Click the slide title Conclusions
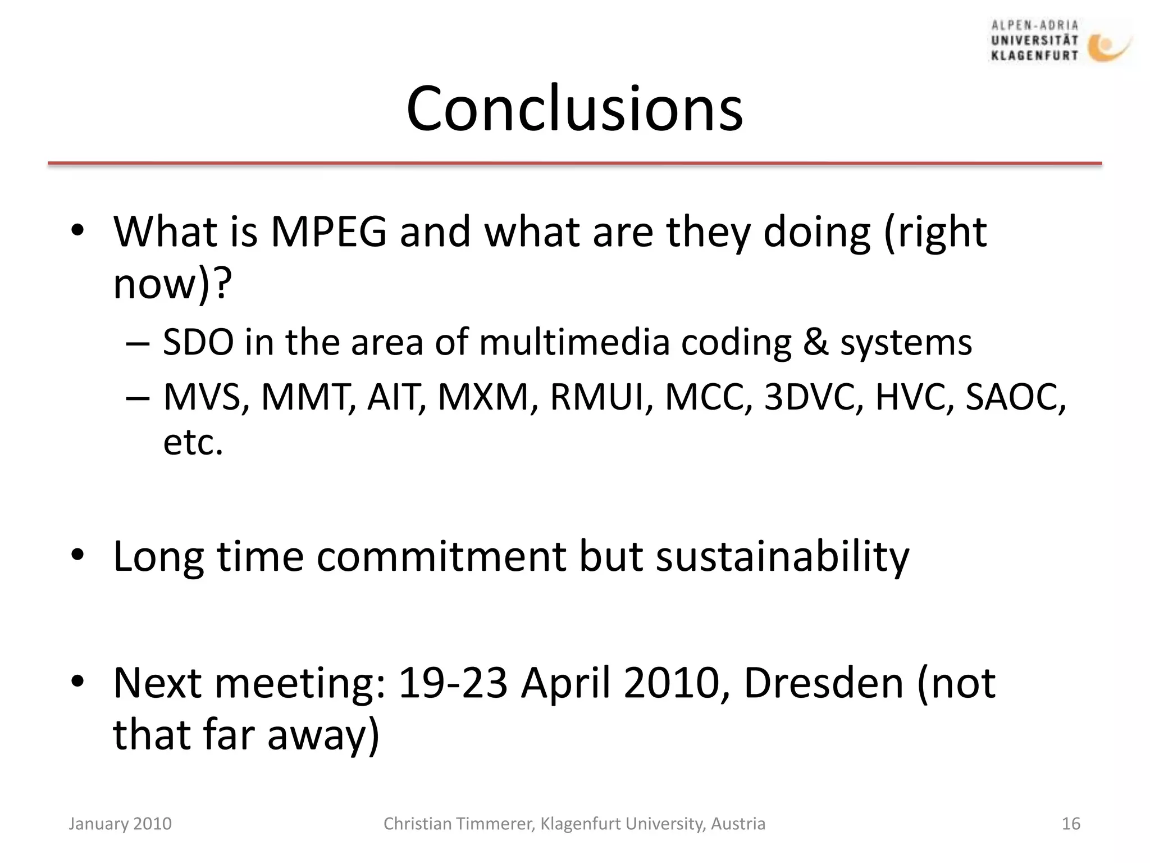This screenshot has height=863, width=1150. (574, 108)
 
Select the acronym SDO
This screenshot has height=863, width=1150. (198, 342)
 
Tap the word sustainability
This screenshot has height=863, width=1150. (782, 557)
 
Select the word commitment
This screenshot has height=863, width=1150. (441, 557)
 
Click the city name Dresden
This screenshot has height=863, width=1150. (823, 683)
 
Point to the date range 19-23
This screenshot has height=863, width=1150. (453, 683)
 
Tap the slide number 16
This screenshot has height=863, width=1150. (1071, 824)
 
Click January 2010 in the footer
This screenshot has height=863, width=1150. (120, 824)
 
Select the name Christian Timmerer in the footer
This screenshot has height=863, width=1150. (458, 824)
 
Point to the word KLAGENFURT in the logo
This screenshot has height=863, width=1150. (1034, 56)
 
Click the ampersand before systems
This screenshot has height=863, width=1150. (815, 342)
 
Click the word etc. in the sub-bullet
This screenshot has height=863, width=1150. (193, 442)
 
